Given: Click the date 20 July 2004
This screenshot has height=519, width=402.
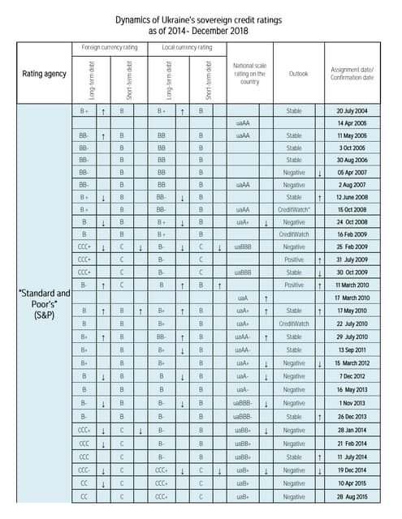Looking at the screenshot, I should [352, 110].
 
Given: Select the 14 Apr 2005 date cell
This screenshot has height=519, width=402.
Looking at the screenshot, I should [352, 123].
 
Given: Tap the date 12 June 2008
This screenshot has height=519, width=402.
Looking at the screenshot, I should [352, 197].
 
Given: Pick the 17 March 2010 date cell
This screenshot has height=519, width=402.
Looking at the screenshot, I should [352, 298].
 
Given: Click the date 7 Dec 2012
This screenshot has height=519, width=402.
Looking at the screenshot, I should [352, 377].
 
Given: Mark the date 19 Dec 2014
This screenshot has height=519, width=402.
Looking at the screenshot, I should [352, 470].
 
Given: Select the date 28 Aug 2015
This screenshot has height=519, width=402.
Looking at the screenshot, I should [352, 495].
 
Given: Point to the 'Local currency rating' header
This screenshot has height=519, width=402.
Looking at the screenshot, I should [187, 47].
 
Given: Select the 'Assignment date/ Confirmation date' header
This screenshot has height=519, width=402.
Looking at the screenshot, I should [352, 74].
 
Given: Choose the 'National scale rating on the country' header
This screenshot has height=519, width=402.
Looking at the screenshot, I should [249, 74].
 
